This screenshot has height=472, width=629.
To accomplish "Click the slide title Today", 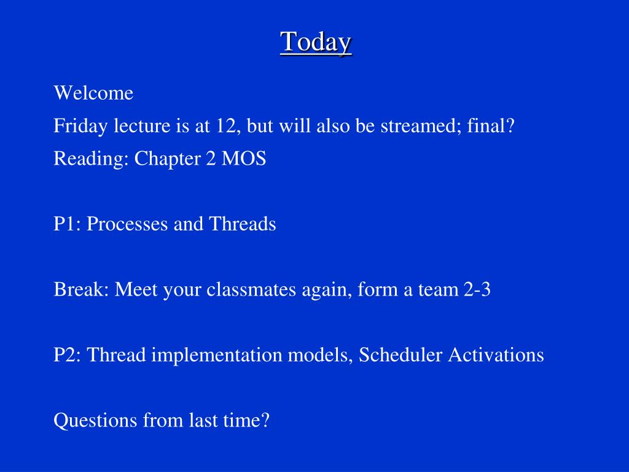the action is pos(316,42).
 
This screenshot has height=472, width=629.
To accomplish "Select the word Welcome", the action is pos(93,93).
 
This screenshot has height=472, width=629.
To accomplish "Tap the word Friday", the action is pos(80,127).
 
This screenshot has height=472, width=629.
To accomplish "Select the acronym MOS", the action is pos(244,158).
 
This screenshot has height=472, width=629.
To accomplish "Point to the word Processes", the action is pos(127,224).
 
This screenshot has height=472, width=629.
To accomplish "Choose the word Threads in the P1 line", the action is pos(242,224).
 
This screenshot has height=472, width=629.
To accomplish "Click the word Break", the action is pos(81,289).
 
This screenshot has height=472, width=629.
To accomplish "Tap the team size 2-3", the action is pos(477,289).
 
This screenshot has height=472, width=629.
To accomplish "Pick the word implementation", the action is pos(217,355).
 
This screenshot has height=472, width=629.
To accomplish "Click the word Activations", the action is pos(496,355).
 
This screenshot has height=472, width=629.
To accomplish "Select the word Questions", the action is pos(95,420).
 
